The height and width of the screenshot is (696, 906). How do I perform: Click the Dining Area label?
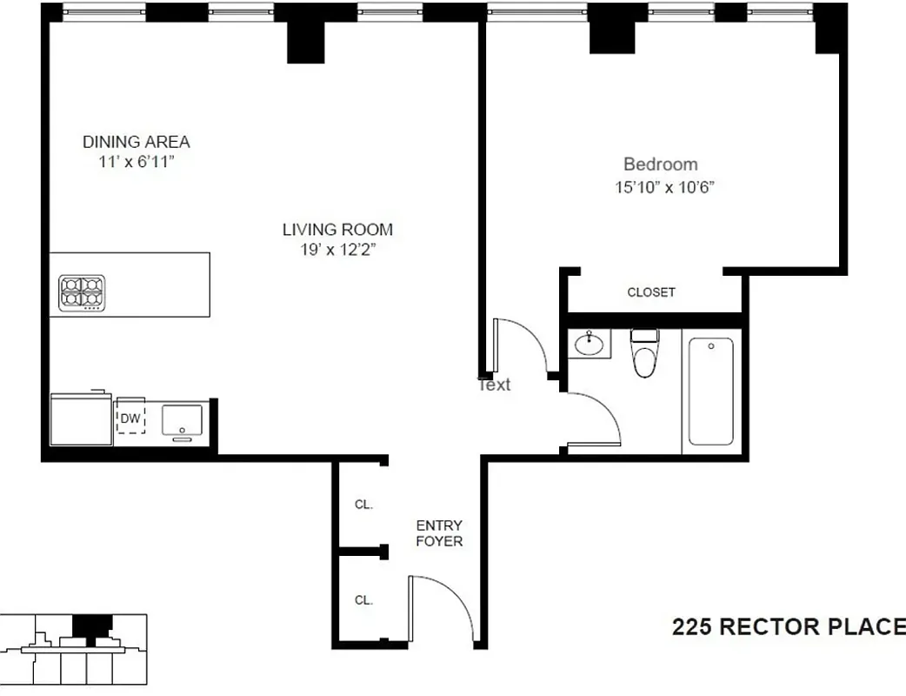136,142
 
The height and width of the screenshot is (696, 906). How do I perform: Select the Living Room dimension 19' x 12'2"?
337,251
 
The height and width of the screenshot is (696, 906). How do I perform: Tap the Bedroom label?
660,164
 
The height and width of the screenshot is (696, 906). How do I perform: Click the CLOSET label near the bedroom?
651,292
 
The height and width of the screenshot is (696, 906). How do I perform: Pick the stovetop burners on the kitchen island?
82,292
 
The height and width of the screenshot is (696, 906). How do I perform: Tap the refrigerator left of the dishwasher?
82,419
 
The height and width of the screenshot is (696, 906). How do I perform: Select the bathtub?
711,391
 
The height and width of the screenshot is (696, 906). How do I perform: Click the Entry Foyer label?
439,533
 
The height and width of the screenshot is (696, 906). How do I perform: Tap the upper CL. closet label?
363,505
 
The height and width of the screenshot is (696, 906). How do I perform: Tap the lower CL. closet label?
363,599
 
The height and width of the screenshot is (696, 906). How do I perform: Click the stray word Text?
495,385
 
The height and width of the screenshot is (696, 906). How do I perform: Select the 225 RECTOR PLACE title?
788,626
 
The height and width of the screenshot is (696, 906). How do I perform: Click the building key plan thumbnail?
74,649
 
